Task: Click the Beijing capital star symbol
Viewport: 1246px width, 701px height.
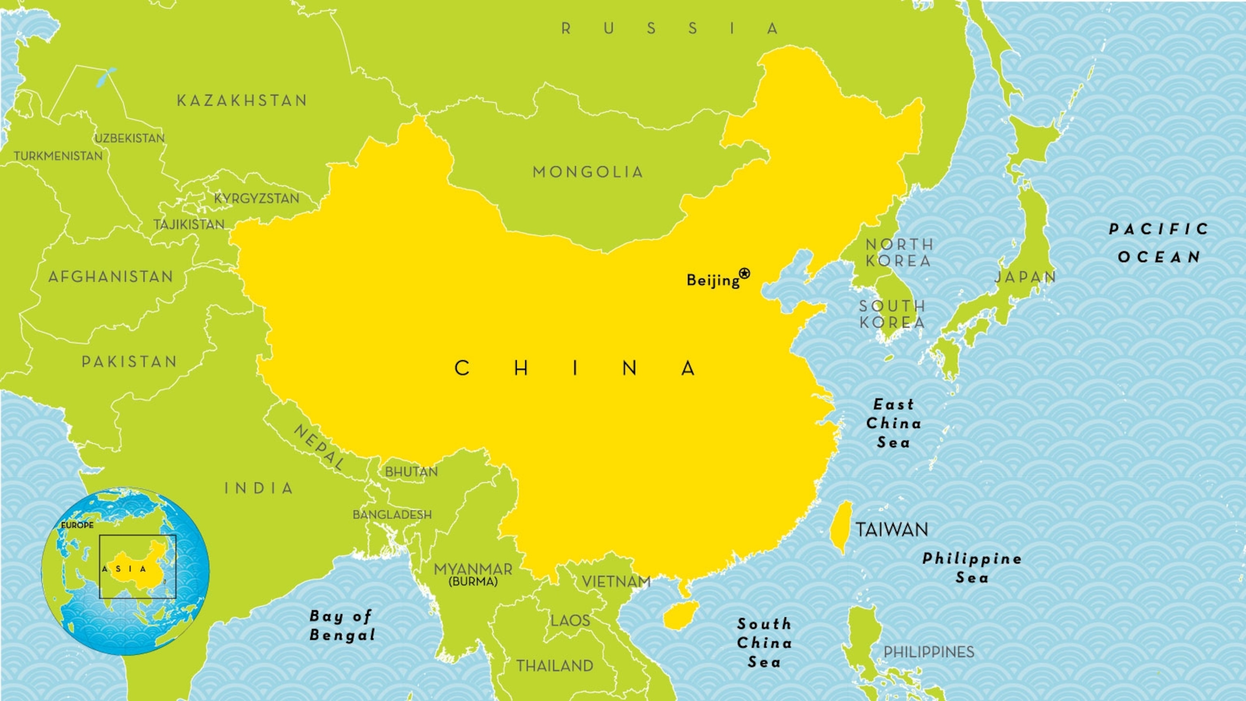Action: (x=744, y=273)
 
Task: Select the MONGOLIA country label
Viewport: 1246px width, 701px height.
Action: (x=588, y=172)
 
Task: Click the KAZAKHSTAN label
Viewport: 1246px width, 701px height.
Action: (x=242, y=101)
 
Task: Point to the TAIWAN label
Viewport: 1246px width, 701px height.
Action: (x=892, y=529)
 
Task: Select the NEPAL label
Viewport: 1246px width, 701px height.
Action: (x=319, y=447)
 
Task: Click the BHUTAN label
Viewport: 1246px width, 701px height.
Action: (x=411, y=472)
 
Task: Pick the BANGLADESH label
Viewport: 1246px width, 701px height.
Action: (x=392, y=515)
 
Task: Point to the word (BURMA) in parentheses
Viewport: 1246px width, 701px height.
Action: (x=473, y=582)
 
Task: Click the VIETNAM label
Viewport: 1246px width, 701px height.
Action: (x=616, y=581)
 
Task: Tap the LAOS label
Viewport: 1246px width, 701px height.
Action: (x=570, y=621)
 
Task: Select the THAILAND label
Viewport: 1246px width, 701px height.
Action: (x=554, y=666)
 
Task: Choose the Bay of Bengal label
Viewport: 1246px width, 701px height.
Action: (x=342, y=626)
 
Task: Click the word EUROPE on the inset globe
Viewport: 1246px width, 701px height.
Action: (x=77, y=525)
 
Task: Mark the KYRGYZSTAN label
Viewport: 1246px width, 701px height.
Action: (x=256, y=198)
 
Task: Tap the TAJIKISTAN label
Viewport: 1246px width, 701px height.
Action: (x=189, y=224)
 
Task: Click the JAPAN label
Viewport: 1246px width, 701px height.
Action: (x=1025, y=277)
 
